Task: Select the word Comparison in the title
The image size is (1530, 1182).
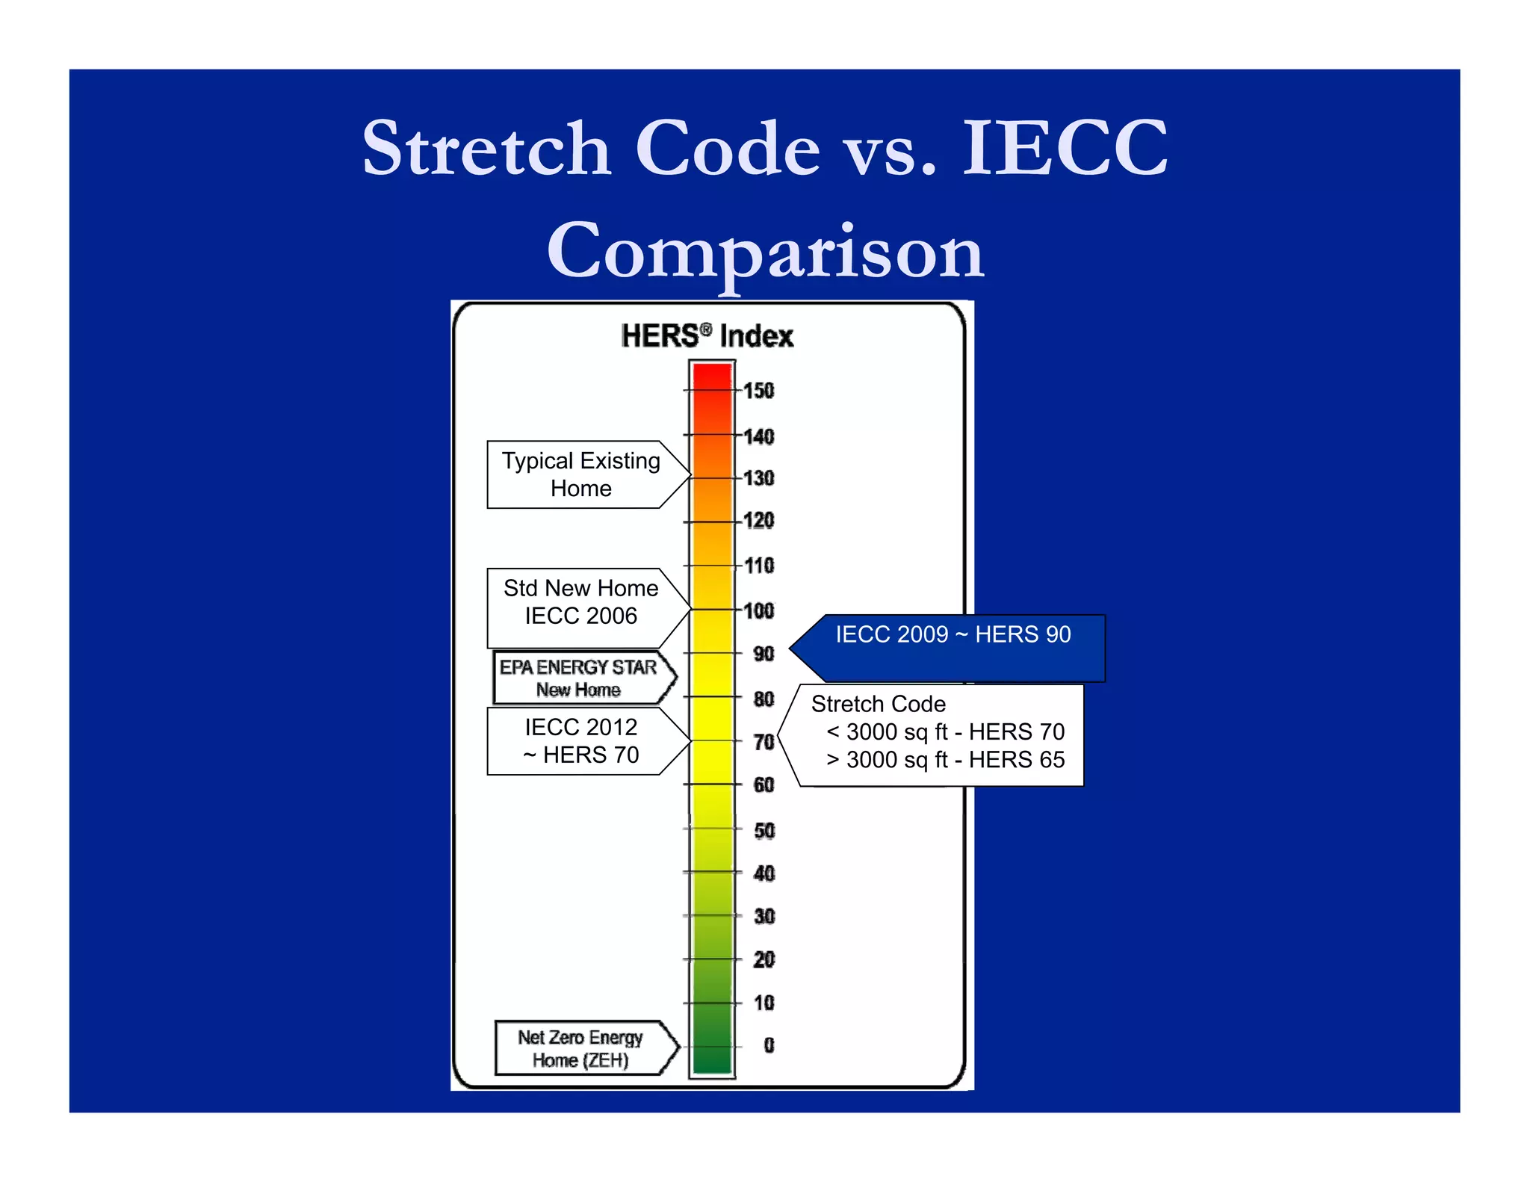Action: pyautogui.click(x=765, y=252)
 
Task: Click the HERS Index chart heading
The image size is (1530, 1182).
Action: pyautogui.click(x=707, y=336)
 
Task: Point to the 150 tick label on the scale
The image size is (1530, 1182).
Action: pyautogui.click(x=759, y=391)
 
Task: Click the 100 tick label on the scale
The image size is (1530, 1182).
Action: pyautogui.click(x=759, y=611)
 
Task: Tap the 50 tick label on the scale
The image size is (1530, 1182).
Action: pyautogui.click(x=764, y=831)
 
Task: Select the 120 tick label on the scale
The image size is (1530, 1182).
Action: pyautogui.click(x=759, y=521)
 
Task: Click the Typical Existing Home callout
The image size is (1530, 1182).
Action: pyautogui.click(x=581, y=474)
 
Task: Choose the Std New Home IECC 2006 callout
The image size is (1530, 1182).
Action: pyautogui.click(x=581, y=602)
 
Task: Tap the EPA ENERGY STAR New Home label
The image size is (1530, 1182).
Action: pyautogui.click(x=578, y=678)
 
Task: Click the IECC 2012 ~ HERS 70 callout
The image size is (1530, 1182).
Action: pyautogui.click(x=581, y=740)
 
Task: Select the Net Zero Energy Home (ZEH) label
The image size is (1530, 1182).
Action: pyautogui.click(x=580, y=1048)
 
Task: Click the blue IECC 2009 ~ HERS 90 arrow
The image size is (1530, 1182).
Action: pyautogui.click(x=953, y=635)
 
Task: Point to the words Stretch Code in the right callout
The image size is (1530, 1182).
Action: pyautogui.click(x=878, y=704)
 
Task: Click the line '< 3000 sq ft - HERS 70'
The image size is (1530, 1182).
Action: pyautogui.click(x=945, y=731)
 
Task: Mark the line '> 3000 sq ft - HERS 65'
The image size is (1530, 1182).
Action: pyautogui.click(x=945, y=760)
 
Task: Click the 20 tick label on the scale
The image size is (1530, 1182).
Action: pyautogui.click(x=764, y=959)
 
